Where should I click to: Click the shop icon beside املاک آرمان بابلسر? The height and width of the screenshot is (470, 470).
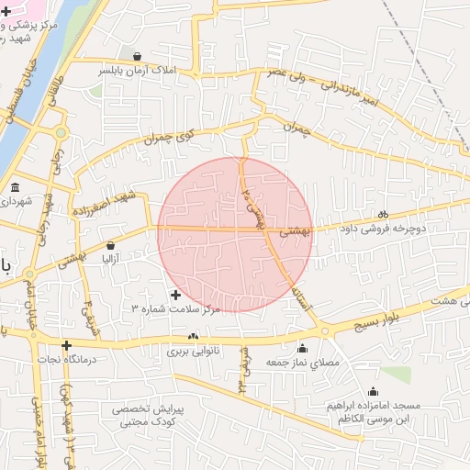137,56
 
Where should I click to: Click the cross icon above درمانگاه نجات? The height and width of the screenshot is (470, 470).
65,345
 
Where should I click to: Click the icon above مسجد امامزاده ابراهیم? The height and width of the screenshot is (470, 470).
372,392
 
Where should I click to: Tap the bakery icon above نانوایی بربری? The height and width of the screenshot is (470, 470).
193,337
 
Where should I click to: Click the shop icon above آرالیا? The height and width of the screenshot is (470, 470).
111,245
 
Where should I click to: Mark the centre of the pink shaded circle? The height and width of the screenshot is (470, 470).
235,234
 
